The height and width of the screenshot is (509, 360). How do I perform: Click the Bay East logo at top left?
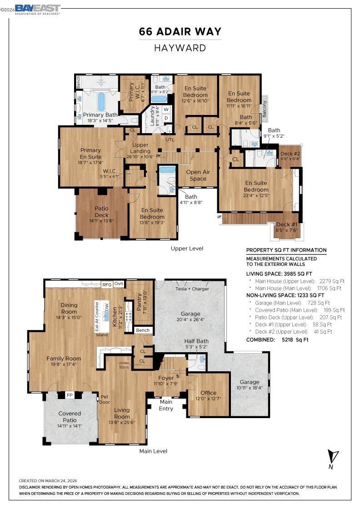[38, 10]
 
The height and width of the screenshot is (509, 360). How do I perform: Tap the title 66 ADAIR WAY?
[180, 31]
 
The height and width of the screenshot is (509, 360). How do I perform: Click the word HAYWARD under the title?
[180, 48]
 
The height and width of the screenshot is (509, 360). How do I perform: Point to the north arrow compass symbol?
[332, 459]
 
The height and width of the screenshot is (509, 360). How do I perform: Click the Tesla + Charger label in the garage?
[192, 289]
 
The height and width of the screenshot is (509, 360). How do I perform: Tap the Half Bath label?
[196, 341]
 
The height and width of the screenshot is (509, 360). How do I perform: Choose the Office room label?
[208, 393]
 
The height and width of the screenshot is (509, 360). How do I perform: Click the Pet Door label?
[105, 399]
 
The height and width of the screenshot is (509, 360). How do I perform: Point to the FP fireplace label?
[70, 395]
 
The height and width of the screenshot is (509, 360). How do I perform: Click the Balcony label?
[264, 109]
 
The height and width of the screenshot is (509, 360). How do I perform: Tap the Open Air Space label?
[198, 175]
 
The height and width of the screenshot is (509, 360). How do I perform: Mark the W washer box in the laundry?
[166, 110]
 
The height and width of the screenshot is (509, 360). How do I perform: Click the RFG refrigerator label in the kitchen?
[107, 284]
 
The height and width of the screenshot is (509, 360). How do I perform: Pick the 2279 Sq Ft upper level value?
[332, 281]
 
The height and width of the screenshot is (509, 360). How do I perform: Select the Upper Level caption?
[187, 248]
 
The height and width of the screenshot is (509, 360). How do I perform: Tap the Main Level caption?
[154, 451]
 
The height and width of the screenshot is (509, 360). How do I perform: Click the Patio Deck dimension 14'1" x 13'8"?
[102, 221]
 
